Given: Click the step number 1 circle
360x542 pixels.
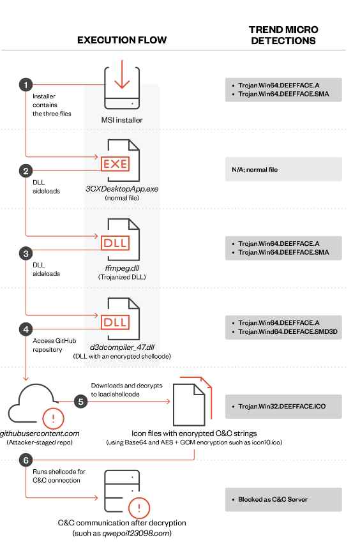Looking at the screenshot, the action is click(x=26, y=85).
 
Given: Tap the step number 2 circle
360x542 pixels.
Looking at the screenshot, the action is click(x=26, y=170).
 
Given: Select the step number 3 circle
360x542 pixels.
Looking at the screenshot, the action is click(x=26, y=253).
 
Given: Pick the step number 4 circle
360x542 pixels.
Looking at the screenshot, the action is click(x=26, y=329).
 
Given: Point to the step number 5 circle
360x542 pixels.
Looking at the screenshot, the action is click(x=81, y=402).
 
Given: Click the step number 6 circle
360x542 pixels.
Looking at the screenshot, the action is click(x=26, y=460).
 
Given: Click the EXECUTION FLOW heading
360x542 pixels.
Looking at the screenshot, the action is click(x=122, y=40).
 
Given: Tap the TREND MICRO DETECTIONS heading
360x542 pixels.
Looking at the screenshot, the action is click(x=283, y=35).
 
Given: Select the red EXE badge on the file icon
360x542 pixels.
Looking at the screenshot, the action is click(x=115, y=164).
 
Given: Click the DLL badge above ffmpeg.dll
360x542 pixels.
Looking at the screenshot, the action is click(x=115, y=243).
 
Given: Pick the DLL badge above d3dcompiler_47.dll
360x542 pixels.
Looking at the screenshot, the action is click(x=115, y=322).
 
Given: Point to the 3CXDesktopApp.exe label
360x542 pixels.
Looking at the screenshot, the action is click(x=122, y=189).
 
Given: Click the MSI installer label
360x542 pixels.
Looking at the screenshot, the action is click(x=122, y=120).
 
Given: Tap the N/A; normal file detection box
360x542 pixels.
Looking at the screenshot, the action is click(x=283, y=169).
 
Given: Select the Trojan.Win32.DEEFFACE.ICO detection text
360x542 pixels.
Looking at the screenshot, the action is click(x=282, y=407).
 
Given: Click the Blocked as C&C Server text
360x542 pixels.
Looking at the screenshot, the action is click(x=273, y=499).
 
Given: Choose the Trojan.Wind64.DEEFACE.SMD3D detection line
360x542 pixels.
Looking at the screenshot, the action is click(x=288, y=332).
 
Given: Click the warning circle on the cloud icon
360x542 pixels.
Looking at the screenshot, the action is click(x=53, y=419).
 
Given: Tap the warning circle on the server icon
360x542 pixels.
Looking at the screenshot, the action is click(x=139, y=508).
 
